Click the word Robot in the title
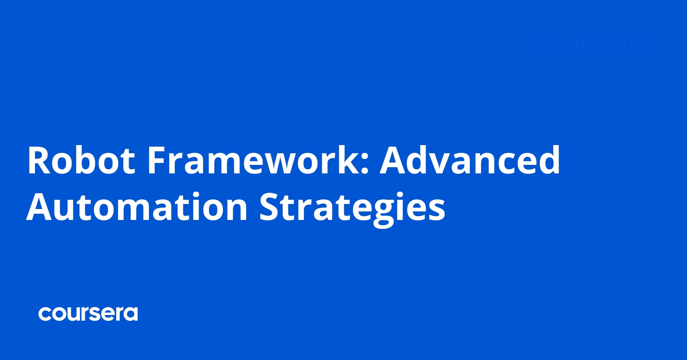[x=81, y=160]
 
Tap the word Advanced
[x=470, y=160]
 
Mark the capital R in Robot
[x=39, y=160]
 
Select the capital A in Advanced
[x=393, y=160]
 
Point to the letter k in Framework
[x=346, y=160]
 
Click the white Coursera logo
[x=88, y=314]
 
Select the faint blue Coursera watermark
[x=589, y=45]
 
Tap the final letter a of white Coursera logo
[x=131, y=314]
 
